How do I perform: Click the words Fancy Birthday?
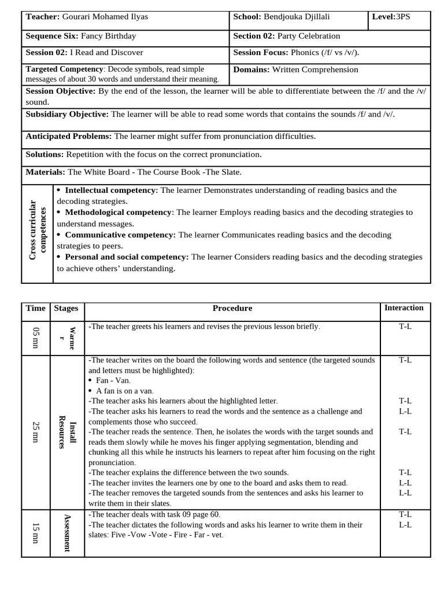tap(109, 36)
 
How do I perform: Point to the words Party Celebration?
tap(310, 36)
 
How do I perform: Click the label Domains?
tap(251, 69)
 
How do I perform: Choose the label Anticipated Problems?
tap(69, 136)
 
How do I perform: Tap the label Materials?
tap(45, 172)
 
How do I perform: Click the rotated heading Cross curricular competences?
tap(37, 230)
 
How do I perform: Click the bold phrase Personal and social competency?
tap(127, 257)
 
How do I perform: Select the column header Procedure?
tap(232, 308)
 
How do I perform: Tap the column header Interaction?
tap(404, 308)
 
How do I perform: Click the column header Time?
tap(35, 308)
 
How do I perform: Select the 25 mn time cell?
tap(36, 431)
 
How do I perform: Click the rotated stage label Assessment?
tap(67, 533)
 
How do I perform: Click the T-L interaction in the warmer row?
tap(405, 326)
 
